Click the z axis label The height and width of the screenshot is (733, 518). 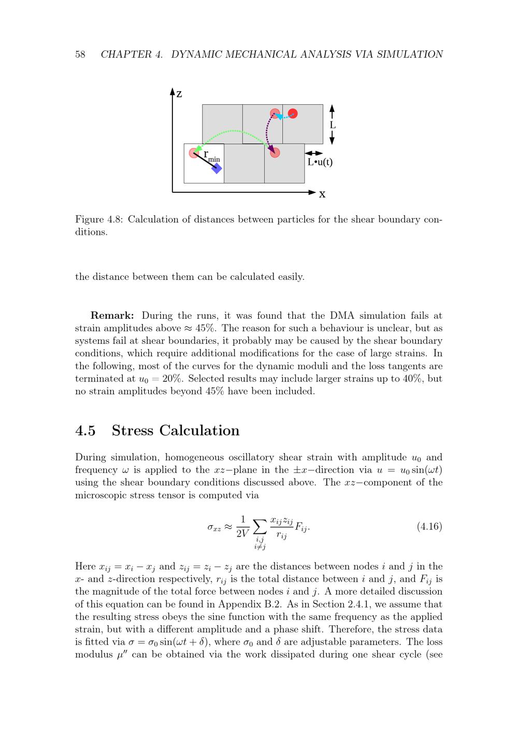tap(179, 94)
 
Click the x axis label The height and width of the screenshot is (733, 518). tap(322, 194)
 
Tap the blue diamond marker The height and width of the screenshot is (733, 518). tap(217, 168)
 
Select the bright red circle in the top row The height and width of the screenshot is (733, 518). tap(293, 113)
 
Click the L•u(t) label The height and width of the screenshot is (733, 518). tap(320, 162)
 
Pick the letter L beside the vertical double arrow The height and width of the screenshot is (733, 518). tap(333, 125)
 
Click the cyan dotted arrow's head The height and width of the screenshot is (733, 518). tap(279, 117)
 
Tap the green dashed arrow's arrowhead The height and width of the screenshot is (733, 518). tap(198, 149)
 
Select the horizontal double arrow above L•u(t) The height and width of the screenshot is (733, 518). tap(314, 153)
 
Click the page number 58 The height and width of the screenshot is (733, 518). tap(80, 54)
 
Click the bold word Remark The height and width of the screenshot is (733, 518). tap(112, 316)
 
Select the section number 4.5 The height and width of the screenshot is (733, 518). tap(85, 431)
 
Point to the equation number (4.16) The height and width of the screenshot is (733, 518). tap(429, 527)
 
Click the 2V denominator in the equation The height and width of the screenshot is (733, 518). tap(242, 533)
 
